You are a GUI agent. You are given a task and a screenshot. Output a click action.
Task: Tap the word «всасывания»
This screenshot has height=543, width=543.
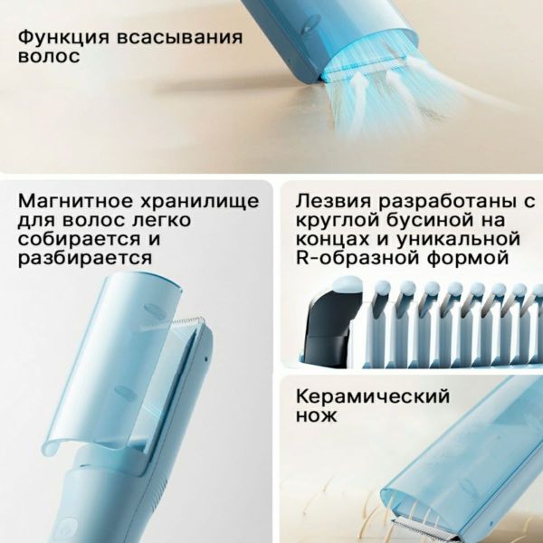click(179, 37)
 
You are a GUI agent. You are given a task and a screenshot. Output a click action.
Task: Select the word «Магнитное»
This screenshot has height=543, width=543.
click(75, 201)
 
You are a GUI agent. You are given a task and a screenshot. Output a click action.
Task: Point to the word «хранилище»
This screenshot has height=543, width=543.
click(199, 202)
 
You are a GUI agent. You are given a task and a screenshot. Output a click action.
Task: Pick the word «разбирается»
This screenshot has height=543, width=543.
click(85, 258)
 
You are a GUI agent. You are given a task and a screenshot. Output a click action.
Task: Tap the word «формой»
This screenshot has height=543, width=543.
click(467, 258)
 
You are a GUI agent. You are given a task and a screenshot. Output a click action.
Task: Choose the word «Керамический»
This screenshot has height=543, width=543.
click(373, 397)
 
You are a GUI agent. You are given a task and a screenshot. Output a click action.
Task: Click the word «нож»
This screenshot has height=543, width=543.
click(316, 415)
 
